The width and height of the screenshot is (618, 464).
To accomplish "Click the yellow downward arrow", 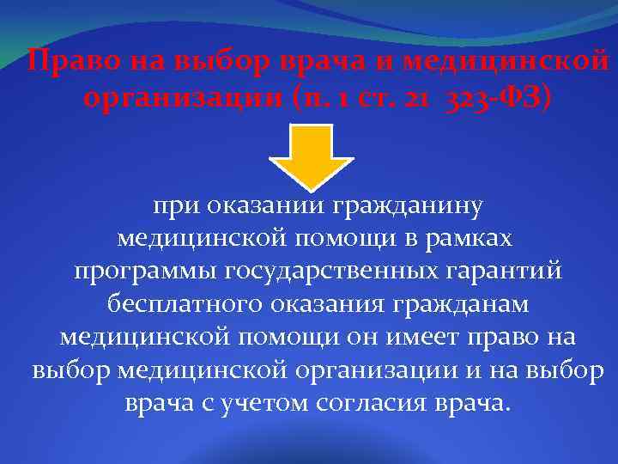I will (x=311, y=155).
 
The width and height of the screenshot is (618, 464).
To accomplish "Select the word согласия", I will (x=375, y=404).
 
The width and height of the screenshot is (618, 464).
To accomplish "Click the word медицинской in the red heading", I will (x=506, y=63).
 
